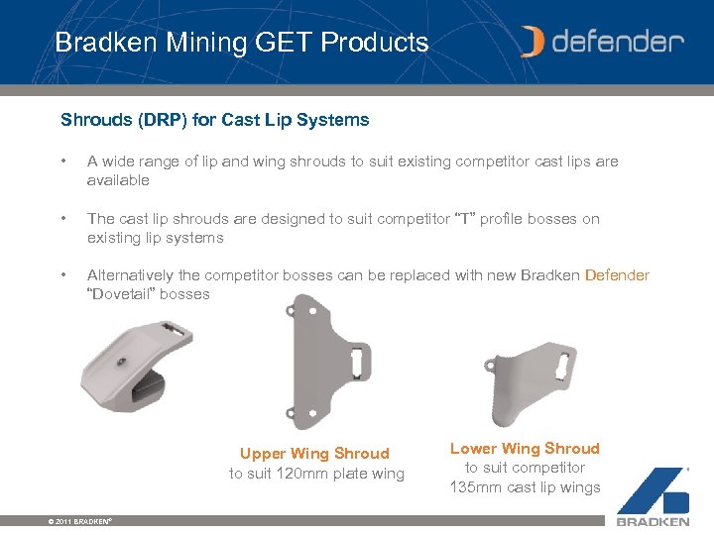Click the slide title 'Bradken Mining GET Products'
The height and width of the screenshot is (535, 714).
point(241,43)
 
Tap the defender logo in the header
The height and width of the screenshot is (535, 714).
point(602,42)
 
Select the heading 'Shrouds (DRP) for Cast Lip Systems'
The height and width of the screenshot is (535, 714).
point(214,120)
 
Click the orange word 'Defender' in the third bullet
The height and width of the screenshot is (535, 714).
point(617,275)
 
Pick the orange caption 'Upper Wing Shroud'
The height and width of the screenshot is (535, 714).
point(314,454)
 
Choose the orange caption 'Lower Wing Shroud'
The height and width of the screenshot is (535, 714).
point(525,449)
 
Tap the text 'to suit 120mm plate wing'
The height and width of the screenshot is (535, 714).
point(316,474)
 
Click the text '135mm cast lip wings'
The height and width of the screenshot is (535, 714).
point(526,487)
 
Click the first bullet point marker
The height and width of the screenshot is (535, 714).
point(62,161)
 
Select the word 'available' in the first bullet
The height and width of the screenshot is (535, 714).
point(118,180)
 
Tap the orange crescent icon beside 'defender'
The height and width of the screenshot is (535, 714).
point(533,42)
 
